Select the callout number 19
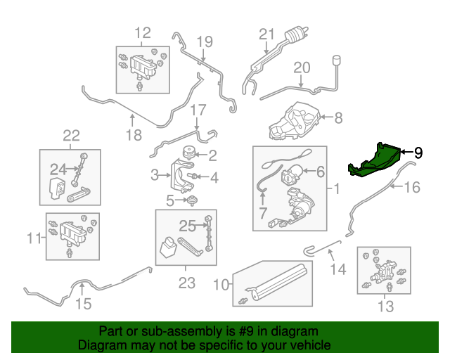204,41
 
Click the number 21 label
266,34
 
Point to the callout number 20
301,67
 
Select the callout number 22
72,135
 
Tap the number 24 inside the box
57,168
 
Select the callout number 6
320,171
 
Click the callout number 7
263,213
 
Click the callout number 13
386,306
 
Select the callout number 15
83,304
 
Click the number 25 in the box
185,226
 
